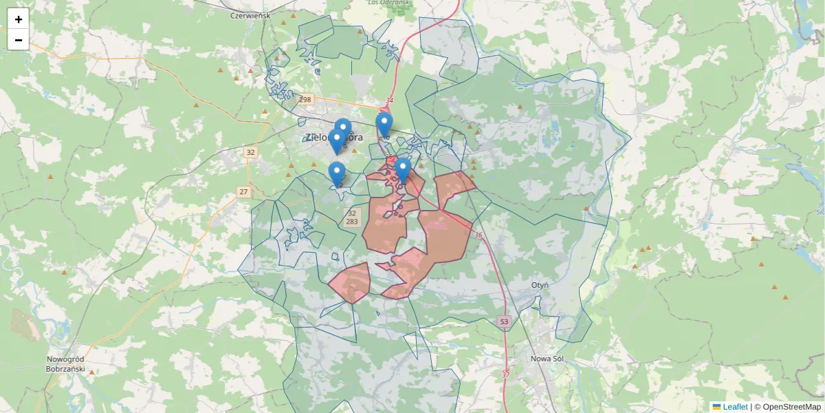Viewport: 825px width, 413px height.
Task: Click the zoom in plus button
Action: (19, 19)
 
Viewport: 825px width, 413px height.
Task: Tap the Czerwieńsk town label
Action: (251, 14)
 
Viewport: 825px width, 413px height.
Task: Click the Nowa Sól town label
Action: (547, 358)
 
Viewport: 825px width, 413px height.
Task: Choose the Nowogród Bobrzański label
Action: (65, 364)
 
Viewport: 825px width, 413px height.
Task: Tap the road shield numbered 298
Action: (305, 100)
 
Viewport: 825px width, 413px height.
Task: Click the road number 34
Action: (389, 100)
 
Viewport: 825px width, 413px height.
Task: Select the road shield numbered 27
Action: (243, 191)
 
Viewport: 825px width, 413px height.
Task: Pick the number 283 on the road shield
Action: (351, 222)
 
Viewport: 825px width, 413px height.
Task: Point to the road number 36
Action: (478, 235)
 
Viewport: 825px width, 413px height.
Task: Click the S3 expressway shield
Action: (504, 321)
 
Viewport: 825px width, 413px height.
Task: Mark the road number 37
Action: (506, 374)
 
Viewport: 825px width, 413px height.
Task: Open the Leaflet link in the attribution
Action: (735, 407)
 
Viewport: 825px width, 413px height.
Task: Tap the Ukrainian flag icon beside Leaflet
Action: (716, 407)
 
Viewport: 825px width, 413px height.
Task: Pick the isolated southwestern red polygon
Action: (351, 283)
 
